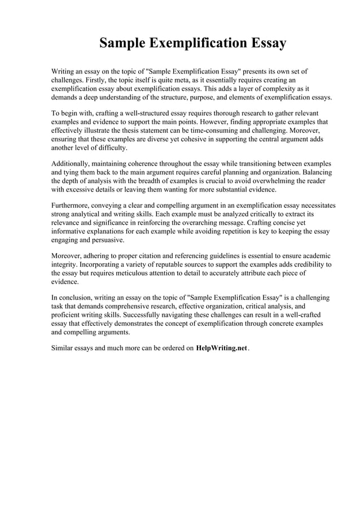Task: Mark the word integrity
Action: [64, 264]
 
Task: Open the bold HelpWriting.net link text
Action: [222, 348]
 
